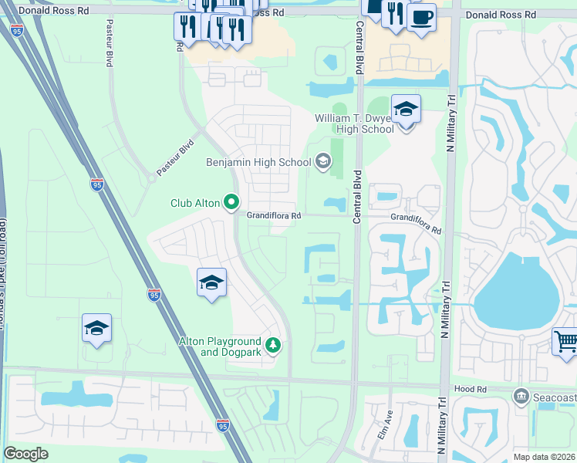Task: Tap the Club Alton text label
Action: tap(196, 204)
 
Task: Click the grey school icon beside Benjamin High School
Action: tap(322, 161)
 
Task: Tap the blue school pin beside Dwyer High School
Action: tap(406, 110)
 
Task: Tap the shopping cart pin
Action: tap(566, 340)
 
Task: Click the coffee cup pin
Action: tap(421, 19)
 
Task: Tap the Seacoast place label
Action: tap(552, 397)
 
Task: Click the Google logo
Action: tap(26, 454)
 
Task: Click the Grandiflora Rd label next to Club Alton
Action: tap(273, 217)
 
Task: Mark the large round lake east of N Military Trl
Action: tap(516, 290)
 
